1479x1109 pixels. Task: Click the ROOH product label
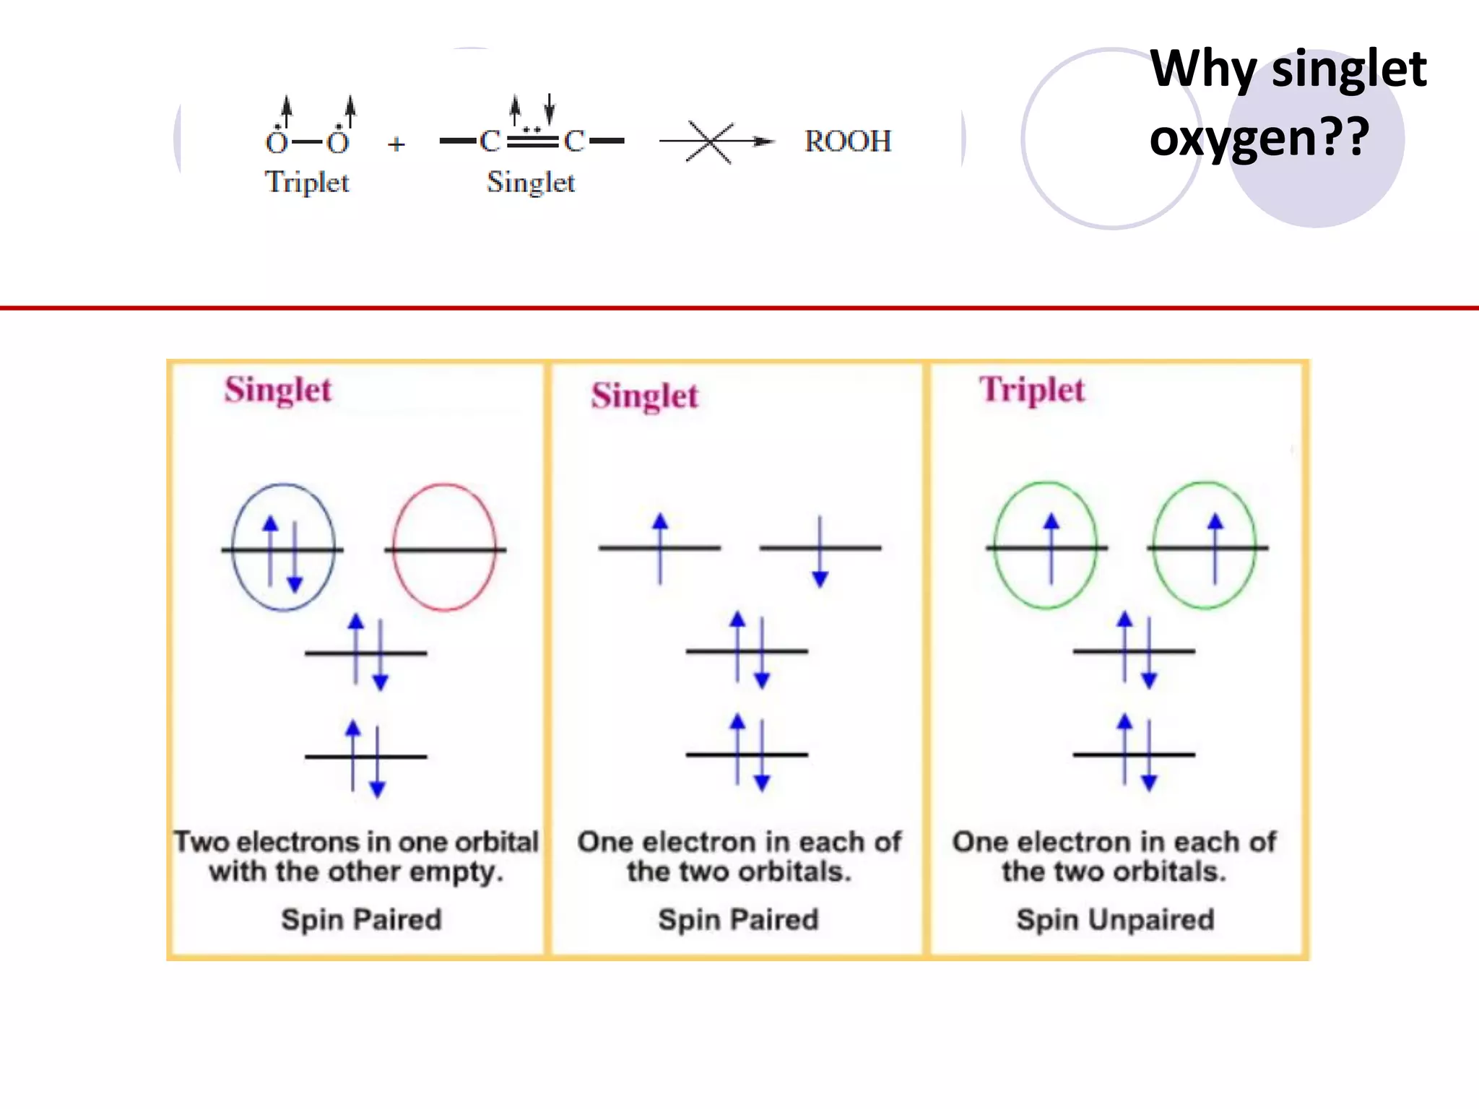pyautogui.click(x=848, y=141)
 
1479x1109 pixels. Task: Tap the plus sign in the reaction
pyautogui.click(x=396, y=144)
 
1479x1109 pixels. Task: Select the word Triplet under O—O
pyautogui.click(x=307, y=182)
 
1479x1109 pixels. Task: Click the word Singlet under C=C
pyautogui.click(x=531, y=182)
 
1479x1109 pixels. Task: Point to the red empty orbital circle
pyautogui.click(x=445, y=547)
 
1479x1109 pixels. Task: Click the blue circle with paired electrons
pyautogui.click(x=283, y=547)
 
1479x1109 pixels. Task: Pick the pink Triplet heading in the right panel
pyautogui.click(x=1032, y=390)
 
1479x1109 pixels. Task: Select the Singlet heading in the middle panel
pyautogui.click(x=645, y=396)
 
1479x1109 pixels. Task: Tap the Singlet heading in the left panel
pyautogui.click(x=278, y=390)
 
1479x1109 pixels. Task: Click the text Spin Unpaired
pyautogui.click(x=1115, y=920)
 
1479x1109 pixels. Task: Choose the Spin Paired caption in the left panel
pyautogui.click(x=361, y=920)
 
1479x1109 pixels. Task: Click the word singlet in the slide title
pyautogui.click(x=1348, y=70)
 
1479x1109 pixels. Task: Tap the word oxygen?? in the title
pyautogui.click(x=1259, y=137)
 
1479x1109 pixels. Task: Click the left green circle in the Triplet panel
pyautogui.click(x=1046, y=546)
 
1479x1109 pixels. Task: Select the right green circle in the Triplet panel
pyautogui.click(x=1205, y=546)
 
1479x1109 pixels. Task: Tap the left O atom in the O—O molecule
pyautogui.click(x=277, y=142)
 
